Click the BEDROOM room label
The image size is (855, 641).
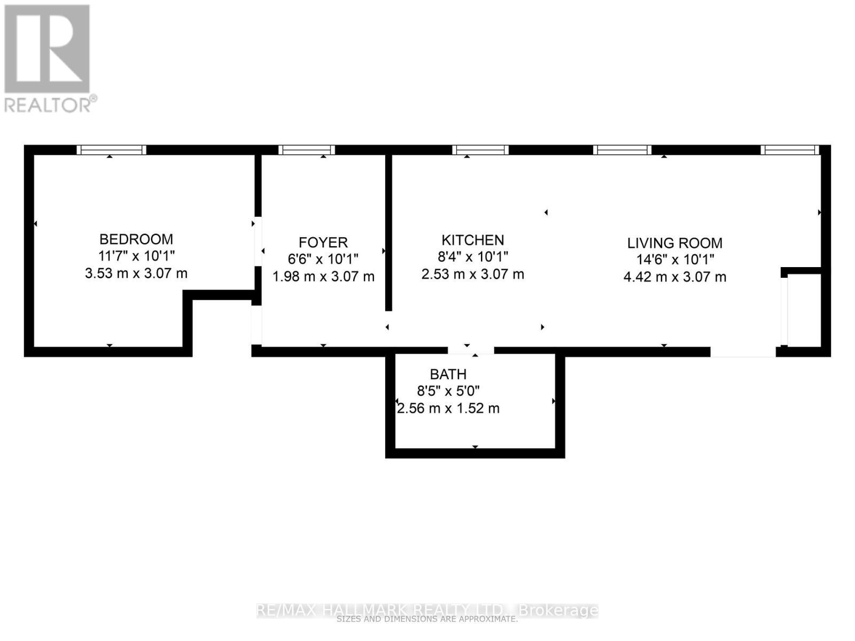point(136,239)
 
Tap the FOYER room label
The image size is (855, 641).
point(323,243)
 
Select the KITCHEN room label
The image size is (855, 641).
point(472,240)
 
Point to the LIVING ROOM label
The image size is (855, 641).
point(674,243)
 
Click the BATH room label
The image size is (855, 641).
point(448,374)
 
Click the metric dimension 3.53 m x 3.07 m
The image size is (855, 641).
point(136,273)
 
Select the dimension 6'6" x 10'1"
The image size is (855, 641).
point(323,259)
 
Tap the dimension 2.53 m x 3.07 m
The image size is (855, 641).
point(472,275)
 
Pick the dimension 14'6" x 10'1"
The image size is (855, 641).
point(674,260)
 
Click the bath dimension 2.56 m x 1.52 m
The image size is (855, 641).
point(448,409)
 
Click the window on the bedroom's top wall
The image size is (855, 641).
point(111,150)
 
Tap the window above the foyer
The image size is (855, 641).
point(307,150)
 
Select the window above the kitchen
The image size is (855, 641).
point(480,150)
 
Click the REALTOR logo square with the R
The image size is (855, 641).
point(47,49)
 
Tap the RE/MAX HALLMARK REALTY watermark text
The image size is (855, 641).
point(428,609)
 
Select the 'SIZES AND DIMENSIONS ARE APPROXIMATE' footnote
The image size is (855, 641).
point(428,620)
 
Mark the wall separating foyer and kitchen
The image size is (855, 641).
point(388,232)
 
